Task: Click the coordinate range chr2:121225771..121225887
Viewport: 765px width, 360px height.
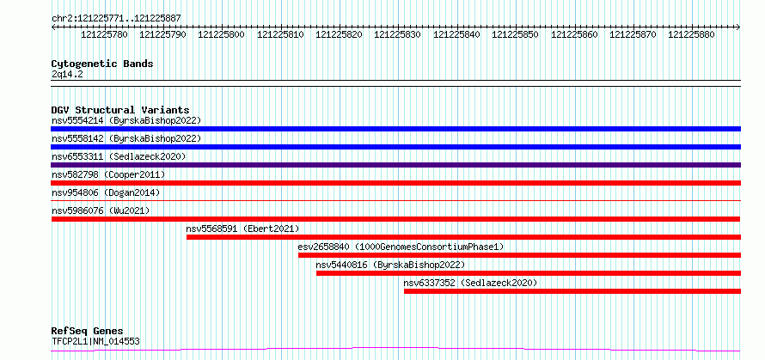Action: [x=117, y=19]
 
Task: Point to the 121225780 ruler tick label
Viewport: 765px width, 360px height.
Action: [x=104, y=34]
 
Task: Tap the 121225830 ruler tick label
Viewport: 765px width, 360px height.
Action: [x=398, y=34]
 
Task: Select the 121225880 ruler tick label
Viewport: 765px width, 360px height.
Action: [x=691, y=34]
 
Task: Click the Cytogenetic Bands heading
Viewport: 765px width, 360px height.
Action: [x=102, y=64]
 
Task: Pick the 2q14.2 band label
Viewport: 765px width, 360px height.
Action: [x=68, y=74]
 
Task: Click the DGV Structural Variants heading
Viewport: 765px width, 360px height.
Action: [x=120, y=110]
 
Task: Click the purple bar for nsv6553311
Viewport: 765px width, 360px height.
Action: [x=396, y=165]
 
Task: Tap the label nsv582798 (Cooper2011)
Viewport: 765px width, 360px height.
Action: [x=108, y=174]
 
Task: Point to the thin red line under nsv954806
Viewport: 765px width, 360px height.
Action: [x=396, y=200]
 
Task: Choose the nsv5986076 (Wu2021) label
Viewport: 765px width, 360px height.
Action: [x=101, y=211]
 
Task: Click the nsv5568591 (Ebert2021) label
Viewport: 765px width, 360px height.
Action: [x=242, y=229]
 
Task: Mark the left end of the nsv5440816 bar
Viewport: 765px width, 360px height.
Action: [x=316, y=273]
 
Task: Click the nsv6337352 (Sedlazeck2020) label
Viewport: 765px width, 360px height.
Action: [x=470, y=283]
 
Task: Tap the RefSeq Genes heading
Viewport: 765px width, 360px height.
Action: [x=88, y=332]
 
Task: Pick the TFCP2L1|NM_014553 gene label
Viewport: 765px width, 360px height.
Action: [x=95, y=341]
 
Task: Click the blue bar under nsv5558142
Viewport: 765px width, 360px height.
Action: [x=396, y=147]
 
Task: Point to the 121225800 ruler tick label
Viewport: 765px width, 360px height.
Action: [x=222, y=34]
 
